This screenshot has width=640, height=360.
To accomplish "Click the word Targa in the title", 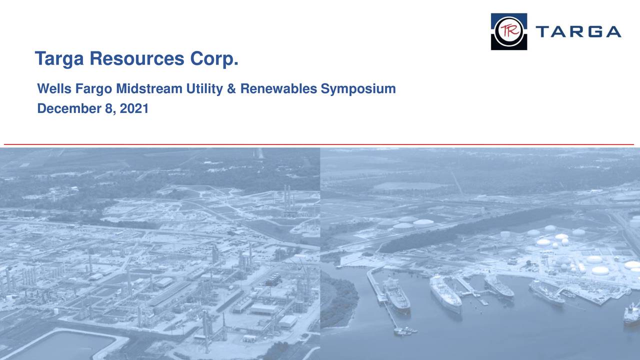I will click(60, 59).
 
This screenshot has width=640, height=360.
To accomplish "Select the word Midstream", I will click(149, 89).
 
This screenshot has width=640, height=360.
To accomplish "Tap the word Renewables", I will click(278, 89).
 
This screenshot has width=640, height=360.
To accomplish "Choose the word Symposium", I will click(358, 89).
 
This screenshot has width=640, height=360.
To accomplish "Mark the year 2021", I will click(134, 108).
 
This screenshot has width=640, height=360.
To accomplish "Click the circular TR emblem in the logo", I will click(508, 31).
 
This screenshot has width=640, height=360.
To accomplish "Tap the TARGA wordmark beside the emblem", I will click(578, 32).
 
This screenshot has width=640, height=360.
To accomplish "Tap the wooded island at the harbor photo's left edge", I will click(339, 300).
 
